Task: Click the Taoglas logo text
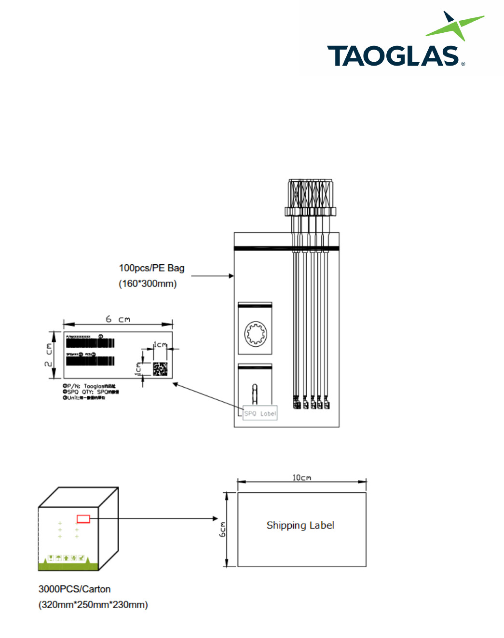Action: [393, 56]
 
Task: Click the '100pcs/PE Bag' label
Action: [151, 268]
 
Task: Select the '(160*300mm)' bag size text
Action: [148, 284]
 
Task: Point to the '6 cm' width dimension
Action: [118, 319]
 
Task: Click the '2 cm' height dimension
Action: [49, 355]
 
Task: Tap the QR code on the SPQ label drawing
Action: [160, 369]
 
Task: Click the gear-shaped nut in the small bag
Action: [256, 333]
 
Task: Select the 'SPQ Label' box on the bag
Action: [260, 413]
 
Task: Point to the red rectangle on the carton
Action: [83, 519]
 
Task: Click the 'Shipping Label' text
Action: [300, 525]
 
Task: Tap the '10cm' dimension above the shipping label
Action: [301, 477]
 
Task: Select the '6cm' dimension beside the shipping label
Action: [222, 529]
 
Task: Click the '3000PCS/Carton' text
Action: [74, 589]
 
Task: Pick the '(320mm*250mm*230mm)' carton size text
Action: [93, 605]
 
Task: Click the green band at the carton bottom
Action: [68, 566]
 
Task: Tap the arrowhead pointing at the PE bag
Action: [232, 276]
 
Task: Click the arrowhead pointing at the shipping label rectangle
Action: [216, 518]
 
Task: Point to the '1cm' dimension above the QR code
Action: [160, 344]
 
